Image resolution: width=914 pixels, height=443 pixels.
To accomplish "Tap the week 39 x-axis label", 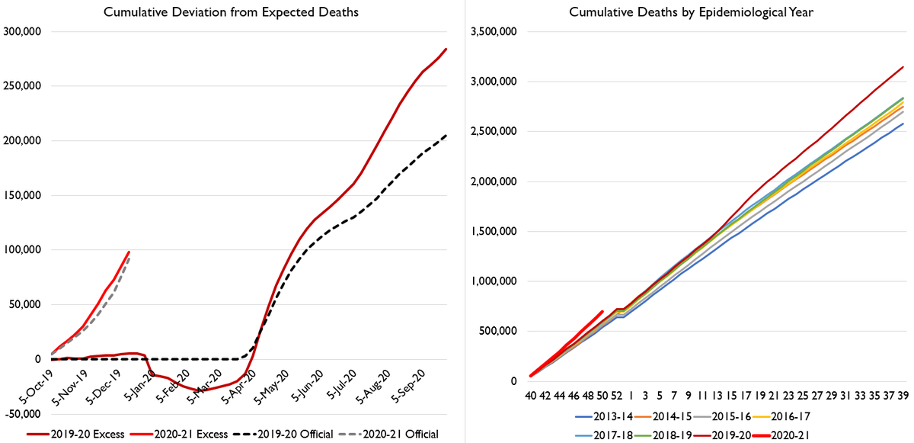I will coord(903,396).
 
